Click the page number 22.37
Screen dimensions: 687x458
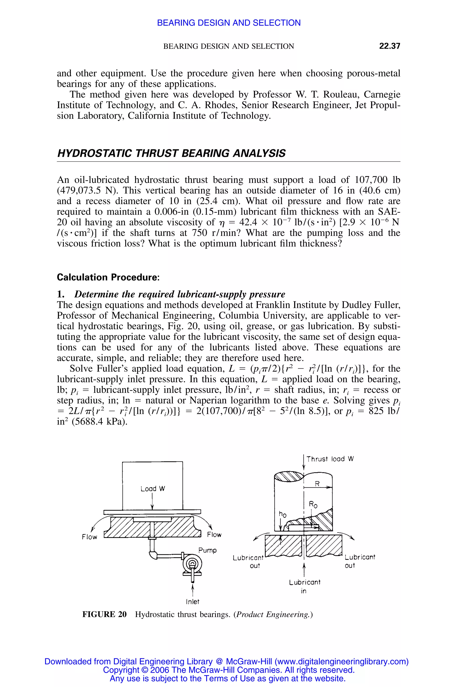tap(389, 46)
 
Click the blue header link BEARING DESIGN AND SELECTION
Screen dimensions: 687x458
tap(229, 23)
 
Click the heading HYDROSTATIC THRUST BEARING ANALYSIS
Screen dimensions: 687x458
tap(171, 153)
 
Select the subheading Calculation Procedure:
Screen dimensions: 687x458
tap(108, 277)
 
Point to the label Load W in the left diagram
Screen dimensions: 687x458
tap(153, 489)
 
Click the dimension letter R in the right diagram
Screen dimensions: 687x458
tap(317, 484)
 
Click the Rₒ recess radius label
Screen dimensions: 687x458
tap(313, 505)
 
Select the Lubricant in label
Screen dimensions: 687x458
tap(304, 587)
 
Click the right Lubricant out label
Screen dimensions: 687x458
tap(360, 561)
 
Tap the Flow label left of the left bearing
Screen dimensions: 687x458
tap(89, 537)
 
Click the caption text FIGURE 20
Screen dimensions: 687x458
tap(104, 615)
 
